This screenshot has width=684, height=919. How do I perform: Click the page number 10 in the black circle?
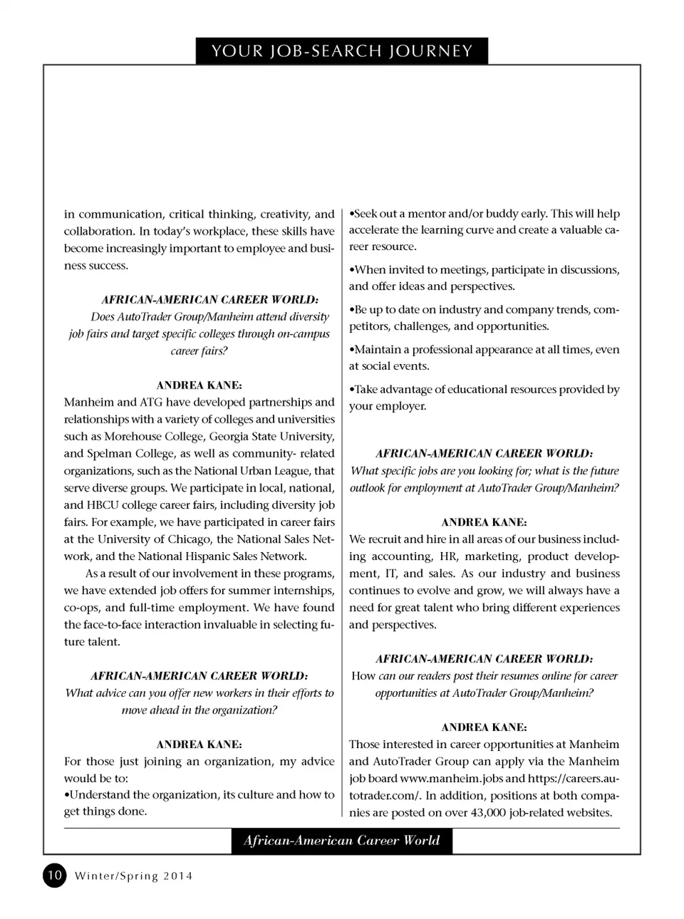pyautogui.click(x=55, y=875)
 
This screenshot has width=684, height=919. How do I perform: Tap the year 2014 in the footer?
pyautogui.click(x=178, y=876)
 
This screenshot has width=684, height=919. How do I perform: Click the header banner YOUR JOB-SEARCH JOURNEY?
pyautogui.click(x=342, y=51)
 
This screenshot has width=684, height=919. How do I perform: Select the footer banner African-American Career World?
pyautogui.click(x=342, y=841)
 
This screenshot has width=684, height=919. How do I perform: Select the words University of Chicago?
pyautogui.click(x=154, y=539)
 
